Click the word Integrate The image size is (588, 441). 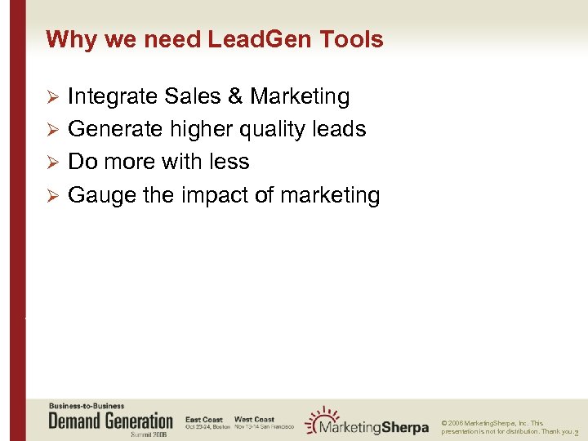[x=113, y=96]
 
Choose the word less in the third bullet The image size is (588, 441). [x=228, y=162]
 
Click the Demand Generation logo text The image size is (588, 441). [x=111, y=421]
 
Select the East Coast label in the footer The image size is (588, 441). [x=204, y=419]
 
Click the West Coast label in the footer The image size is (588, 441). [x=254, y=419]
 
